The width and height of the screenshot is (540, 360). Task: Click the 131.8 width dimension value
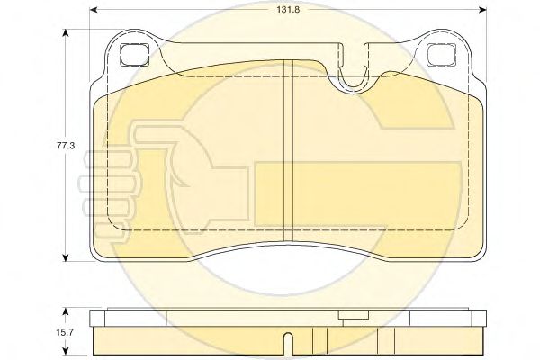tap(288, 10)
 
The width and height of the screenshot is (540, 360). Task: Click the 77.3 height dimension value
tap(66, 146)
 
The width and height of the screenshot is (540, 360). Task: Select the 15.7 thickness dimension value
tap(65, 332)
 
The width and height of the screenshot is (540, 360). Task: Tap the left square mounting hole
tap(135, 55)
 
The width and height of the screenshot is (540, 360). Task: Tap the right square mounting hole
tap(441, 55)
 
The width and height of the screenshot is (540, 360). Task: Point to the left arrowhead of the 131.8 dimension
tap(93, 10)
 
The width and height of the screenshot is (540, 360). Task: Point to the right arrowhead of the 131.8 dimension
tap(482, 10)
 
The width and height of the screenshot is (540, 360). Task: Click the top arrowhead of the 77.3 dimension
tap(66, 32)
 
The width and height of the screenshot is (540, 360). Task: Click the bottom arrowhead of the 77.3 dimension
tap(66, 257)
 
